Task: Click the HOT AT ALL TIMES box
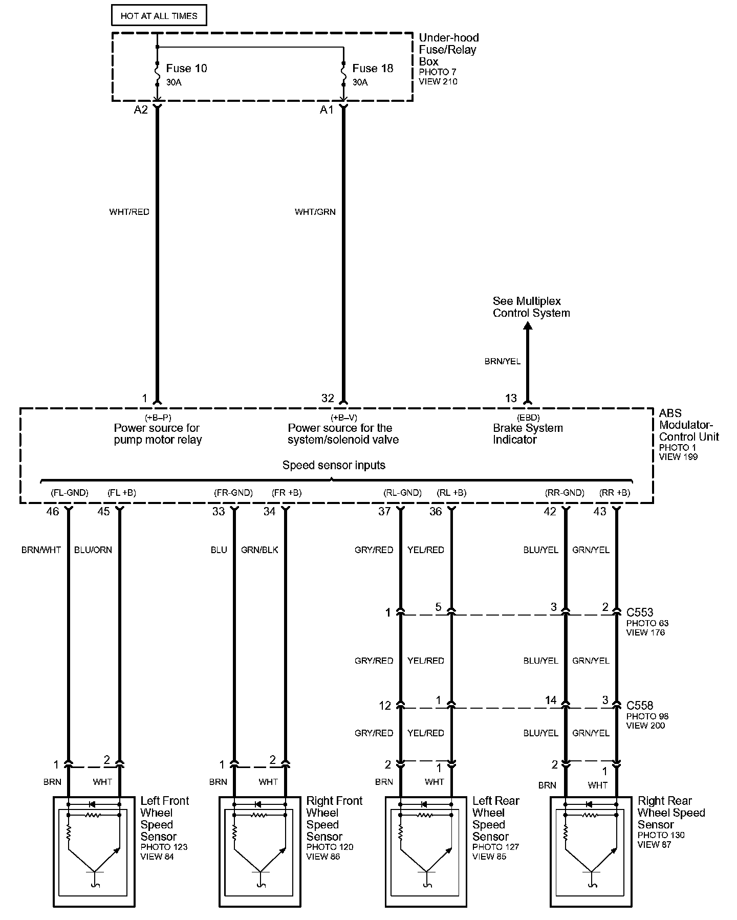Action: [159, 16]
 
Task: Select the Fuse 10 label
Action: [186, 69]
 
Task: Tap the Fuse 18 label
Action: [373, 69]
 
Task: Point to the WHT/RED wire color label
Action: [129, 212]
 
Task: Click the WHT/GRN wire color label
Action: [315, 212]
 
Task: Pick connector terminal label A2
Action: [141, 110]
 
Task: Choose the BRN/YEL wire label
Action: [503, 361]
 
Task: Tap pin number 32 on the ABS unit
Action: [328, 398]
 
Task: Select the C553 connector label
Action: [640, 612]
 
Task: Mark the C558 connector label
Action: [640, 706]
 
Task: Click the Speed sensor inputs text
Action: [334, 465]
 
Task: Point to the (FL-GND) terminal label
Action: [70, 493]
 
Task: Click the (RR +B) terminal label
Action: [615, 493]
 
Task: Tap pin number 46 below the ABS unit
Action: [53, 511]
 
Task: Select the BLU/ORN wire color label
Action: [93, 550]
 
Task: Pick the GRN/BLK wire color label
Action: [259, 550]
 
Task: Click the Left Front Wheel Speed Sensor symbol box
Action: [94, 851]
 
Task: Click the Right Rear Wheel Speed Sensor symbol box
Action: [591, 851]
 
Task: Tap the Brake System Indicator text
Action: [528, 434]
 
